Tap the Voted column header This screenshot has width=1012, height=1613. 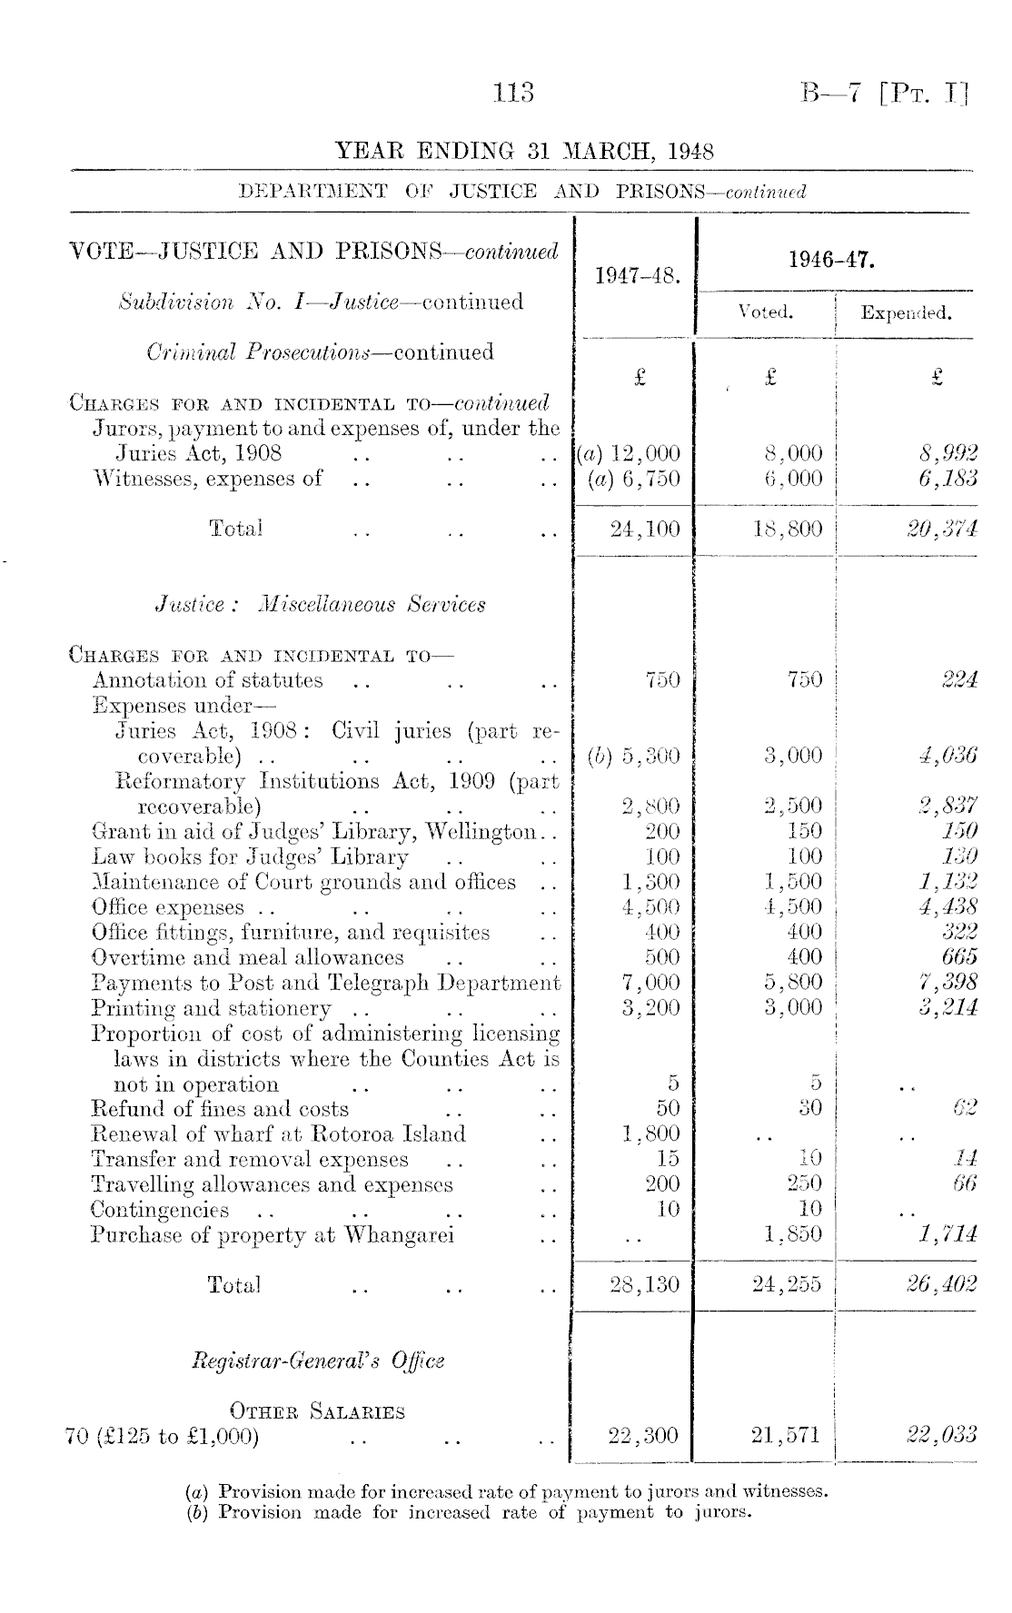click(767, 312)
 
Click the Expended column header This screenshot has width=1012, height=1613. click(906, 313)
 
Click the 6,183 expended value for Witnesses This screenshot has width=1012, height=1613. click(946, 479)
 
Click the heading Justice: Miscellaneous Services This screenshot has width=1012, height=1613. click(320, 605)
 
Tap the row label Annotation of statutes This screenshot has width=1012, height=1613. click(208, 680)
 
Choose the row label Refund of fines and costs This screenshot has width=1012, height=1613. click(220, 1109)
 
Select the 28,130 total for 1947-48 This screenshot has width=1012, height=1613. click(645, 1285)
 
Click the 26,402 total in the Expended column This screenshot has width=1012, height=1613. click(944, 1285)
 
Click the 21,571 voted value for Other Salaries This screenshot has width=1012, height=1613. click(787, 1435)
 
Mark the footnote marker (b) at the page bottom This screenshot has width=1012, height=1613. click(193, 1512)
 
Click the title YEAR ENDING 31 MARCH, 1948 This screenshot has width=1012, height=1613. click(524, 151)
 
